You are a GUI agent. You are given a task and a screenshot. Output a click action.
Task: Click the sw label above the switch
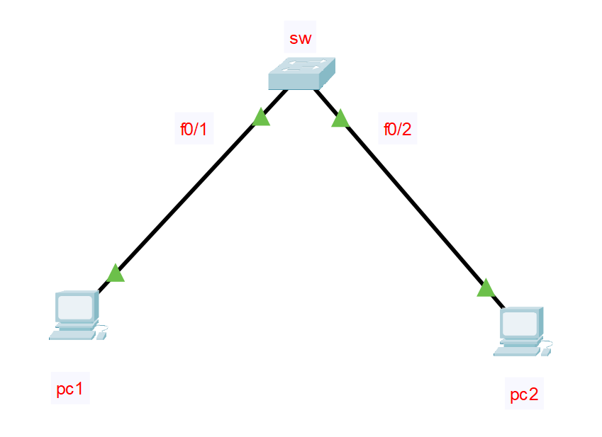click(301, 38)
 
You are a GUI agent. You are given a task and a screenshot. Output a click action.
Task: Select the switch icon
click(301, 74)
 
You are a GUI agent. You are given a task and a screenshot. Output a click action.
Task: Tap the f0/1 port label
click(194, 130)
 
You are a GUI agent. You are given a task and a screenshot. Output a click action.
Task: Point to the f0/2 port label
click(397, 130)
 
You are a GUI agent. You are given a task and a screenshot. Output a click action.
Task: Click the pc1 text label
click(70, 389)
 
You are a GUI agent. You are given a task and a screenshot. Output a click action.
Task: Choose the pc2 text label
click(524, 395)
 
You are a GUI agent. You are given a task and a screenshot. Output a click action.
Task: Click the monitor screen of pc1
click(75, 307)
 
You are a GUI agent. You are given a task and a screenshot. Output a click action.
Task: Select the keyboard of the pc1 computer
click(72, 334)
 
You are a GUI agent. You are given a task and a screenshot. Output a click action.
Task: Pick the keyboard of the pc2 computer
click(516, 351)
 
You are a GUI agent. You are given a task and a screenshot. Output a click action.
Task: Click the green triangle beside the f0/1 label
click(261, 118)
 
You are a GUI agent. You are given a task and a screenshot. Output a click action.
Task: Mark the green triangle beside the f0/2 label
click(340, 118)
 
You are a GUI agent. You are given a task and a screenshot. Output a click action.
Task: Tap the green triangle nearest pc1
click(116, 273)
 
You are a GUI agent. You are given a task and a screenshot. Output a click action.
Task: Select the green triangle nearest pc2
click(486, 288)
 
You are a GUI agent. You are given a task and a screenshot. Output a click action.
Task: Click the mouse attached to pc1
click(101, 334)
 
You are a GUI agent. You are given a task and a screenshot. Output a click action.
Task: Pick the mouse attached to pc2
click(546, 351)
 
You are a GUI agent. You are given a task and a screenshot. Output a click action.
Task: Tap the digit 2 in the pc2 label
click(533, 395)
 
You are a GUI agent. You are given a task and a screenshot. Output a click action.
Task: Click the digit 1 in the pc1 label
click(79, 389)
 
